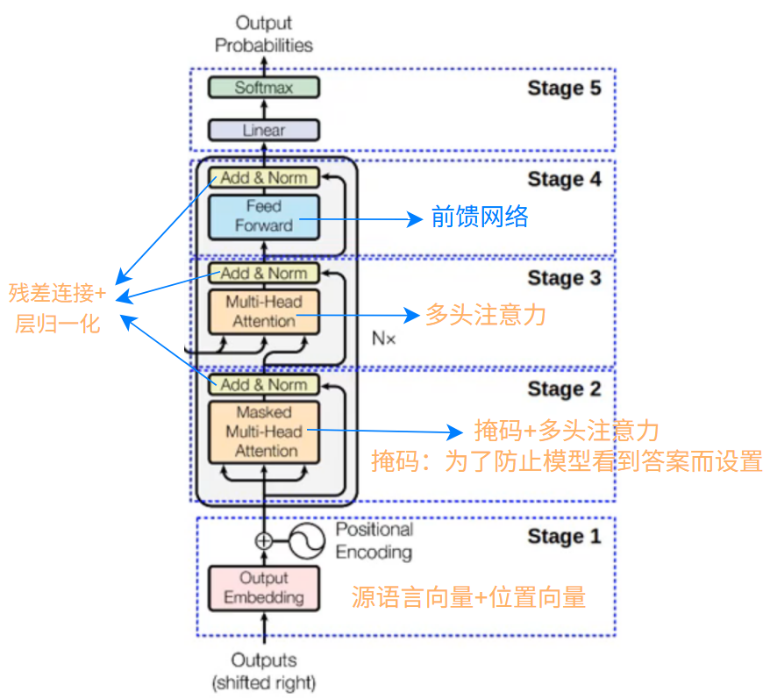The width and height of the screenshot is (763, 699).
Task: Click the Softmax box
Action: click(x=263, y=88)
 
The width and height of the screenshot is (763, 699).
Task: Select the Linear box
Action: click(x=263, y=130)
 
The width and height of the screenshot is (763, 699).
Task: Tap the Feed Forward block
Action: click(x=263, y=216)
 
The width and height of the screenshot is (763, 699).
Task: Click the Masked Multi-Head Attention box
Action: click(x=263, y=432)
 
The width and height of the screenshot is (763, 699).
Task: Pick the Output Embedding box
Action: click(x=263, y=588)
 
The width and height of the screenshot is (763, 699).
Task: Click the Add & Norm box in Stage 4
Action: click(x=263, y=178)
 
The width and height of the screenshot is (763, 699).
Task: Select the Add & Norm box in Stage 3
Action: click(x=263, y=273)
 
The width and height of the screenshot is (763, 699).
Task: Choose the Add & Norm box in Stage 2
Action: click(x=263, y=385)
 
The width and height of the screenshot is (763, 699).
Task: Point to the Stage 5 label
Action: click(x=564, y=88)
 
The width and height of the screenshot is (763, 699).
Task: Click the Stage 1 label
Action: click(x=564, y=537)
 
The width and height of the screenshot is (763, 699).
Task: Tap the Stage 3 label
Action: click(x=564, y=279)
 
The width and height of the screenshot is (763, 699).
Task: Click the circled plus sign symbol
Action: click(x=263, y=541)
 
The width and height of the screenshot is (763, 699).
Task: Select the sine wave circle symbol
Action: click(x=305, y=541)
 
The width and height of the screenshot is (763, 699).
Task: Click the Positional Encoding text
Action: click(x=374, y=541)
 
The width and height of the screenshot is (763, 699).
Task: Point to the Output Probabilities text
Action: click(x=263, y=33)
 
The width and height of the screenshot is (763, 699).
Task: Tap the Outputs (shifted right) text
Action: click(x=263, y=671)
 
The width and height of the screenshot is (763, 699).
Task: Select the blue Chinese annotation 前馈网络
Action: click(x=480, y=217)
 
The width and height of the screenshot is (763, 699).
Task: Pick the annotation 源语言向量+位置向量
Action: click(x=468, y=597)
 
